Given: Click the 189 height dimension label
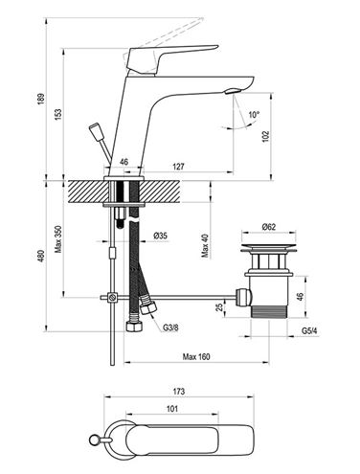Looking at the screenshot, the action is coord(41,99).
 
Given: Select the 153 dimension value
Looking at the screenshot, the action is coord(58,115).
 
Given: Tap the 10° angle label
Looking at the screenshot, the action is coord(255,114).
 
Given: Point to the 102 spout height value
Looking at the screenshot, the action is coord(265,137).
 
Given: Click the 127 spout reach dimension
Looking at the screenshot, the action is coord(179,167).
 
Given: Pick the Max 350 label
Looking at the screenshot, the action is coord(58,239).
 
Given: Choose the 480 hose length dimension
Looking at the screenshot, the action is coord(41,256).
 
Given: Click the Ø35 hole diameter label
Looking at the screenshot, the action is coord(160,236).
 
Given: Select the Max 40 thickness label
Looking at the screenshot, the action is coord(205,245).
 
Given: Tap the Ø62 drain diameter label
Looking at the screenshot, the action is coord(268,227).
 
